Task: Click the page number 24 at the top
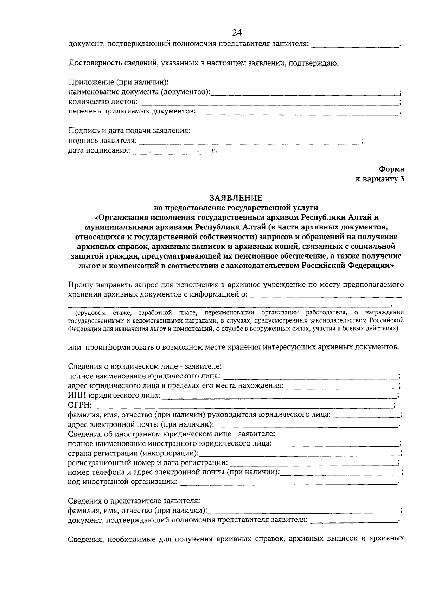(x=237, y=33)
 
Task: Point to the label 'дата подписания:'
(x=99, y=151)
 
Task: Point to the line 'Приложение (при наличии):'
(x=119, y=83)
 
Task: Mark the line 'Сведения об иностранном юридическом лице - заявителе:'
(x=171, y=434)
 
